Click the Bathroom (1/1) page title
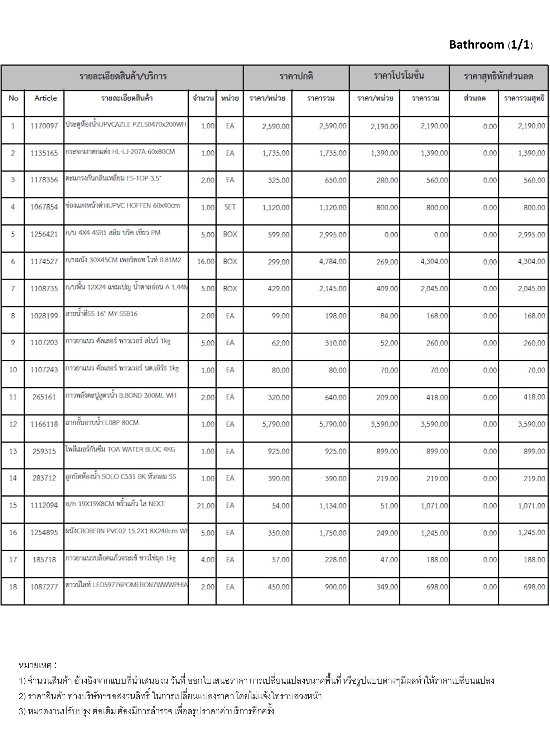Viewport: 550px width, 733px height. pos(491,45)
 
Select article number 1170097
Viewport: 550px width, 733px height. pos(44,126)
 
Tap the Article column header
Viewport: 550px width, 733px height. pos(45,98)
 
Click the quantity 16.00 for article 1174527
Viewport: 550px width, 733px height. pos(206,262)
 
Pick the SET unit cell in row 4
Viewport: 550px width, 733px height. pos(230,207)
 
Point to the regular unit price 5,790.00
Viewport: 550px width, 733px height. pos(276,424)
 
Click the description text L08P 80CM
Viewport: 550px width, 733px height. pos(121,423)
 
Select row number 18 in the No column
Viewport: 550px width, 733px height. pos(13,587)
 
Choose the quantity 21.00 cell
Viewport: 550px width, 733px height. pos(206,506)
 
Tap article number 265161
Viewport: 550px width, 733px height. pos(44,397)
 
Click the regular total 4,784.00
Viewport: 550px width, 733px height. pos(333,262)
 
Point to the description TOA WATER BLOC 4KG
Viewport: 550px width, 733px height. pos(141,450)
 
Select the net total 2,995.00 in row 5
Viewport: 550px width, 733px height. pos(531,235)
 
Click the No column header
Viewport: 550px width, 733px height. pos(13,98)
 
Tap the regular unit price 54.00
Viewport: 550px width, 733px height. pos(280,506)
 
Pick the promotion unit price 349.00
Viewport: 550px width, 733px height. pos(387,587)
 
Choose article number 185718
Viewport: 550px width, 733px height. pos(44,560)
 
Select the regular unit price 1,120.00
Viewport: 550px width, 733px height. pos(276,208)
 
